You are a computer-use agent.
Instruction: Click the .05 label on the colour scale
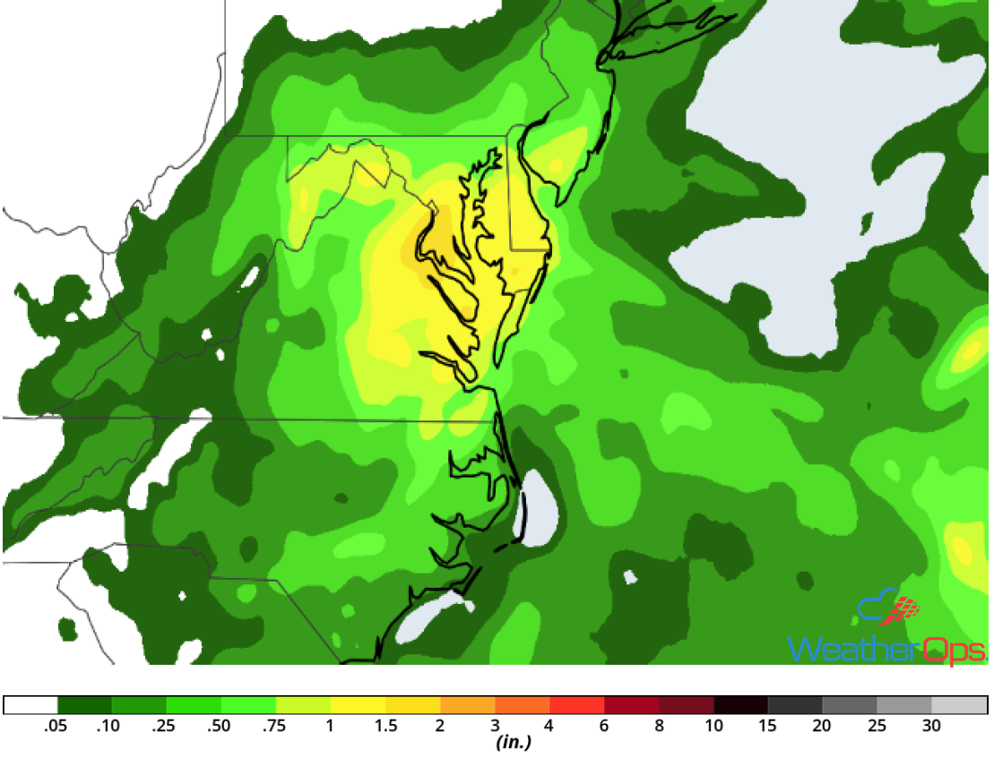tap(56, 726)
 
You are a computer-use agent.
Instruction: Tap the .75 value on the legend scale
tap(275, 726)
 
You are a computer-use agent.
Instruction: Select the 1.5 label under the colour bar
tap(386, 726)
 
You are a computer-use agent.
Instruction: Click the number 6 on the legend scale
tap(604, 726)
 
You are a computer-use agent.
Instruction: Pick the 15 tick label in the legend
tap(768, 726)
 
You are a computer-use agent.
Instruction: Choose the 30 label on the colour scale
tap(931, 726)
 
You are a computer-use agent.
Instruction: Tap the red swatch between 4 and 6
tap(577, 705)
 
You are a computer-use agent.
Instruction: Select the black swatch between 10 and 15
tap(741, 705)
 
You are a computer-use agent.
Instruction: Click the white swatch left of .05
tap(31, 705)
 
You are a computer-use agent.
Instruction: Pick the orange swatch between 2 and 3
tap(468, 705)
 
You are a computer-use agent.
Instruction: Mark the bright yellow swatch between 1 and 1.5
tap(359, 705)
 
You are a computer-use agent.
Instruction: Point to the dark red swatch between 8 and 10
tap(687, 705)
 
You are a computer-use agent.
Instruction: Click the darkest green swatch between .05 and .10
tap(84, 705)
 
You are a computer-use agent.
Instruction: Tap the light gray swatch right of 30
tap(959, 705)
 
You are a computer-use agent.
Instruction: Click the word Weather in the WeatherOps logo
tap(851, 650)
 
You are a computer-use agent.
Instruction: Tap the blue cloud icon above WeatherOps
tap(877, 607)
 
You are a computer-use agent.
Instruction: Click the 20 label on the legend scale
tap(822, 726)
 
